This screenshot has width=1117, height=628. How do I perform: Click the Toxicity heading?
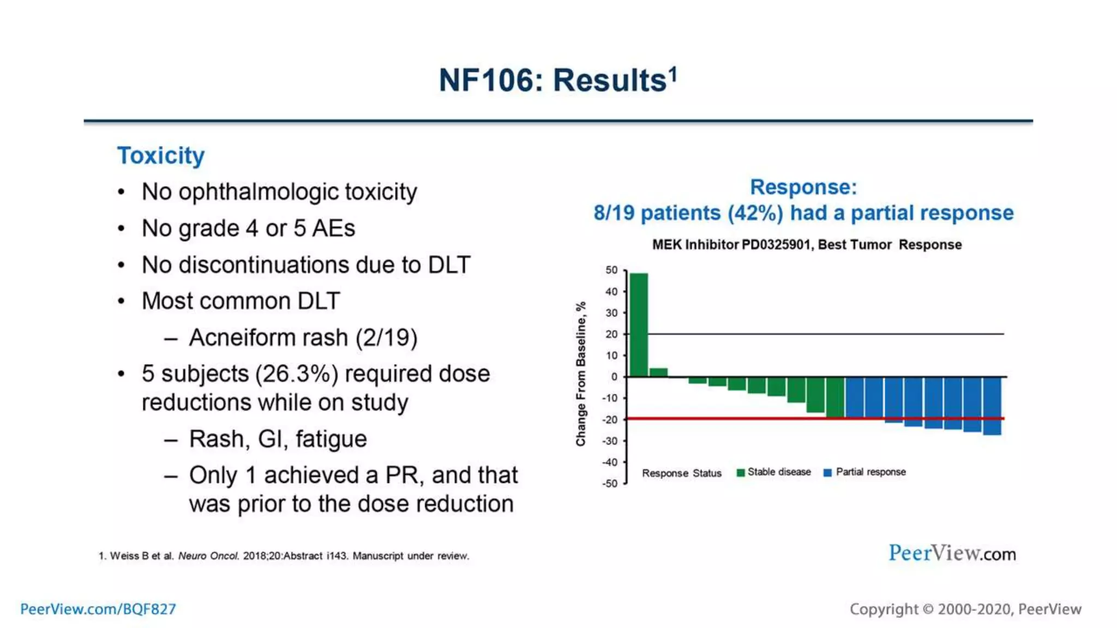coord(161,155)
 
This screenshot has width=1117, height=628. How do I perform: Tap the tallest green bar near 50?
coord(639,324)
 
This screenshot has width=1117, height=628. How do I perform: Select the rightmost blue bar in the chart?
coord(992,406)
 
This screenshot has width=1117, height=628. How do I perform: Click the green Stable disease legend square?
coord(740,473)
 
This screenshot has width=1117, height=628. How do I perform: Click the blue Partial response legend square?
coord(827,473)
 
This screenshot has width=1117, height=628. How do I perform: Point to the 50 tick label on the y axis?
coord(611,270)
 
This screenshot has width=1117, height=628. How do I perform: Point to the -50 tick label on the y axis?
coord(610,484)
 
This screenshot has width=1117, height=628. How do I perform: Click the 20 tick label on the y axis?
coord(611,334)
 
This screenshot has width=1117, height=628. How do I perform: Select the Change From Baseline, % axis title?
coord(581,374)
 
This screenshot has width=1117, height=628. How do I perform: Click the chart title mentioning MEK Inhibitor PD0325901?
coord(807,245)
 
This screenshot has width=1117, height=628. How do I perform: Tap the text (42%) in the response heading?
coord(755,213)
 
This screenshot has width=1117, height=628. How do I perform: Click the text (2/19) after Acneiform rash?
coord(386,337)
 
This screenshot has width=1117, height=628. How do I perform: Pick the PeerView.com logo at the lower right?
coord(952,553)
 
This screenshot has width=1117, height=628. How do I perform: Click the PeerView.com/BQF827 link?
coord(98,609)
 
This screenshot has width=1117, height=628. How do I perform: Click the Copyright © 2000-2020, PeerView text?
coord(965,609)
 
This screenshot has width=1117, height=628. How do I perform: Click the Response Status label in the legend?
coord(681,473)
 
